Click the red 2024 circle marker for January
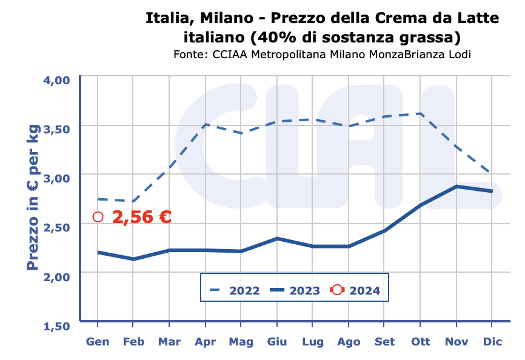click(x=98, y=217)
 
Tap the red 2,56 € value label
click(x=142, y=217)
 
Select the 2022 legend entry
click(x=234, y=290)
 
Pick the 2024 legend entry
click(x=355, y=290)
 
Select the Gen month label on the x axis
click(x=98, y=342)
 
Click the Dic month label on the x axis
click(x=492, y=342)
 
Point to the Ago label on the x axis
click(x=349, y=342)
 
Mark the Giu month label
click(x=277, y=342)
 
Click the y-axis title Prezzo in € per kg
click(x=33, y=197)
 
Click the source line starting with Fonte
click(x=322, y=55)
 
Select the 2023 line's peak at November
click(x=456, y=186)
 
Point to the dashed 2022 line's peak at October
click(x=421, y=113)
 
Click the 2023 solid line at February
click(x=133, y=259)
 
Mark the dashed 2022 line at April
click(x=206, y=124)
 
